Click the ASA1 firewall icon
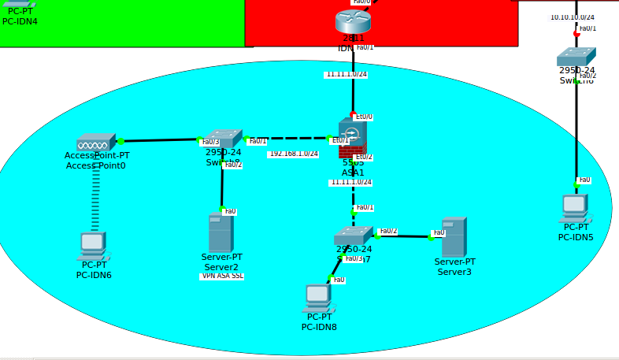point(352,139)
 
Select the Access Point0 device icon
point(96,143)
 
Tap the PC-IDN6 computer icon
point(92,245)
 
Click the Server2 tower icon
point(221,233)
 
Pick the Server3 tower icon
point(454,236)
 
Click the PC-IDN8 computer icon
point(317,299)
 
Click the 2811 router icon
point(353,21)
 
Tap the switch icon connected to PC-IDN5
point(576,57)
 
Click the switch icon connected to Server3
point(353,236)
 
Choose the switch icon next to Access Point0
point(223,139)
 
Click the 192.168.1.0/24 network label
point(294,154)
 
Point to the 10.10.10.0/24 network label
point(573,17)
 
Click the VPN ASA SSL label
point(222,276)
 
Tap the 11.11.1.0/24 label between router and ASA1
point(347,75)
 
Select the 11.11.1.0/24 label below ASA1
point(351,182)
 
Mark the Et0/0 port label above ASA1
point(364,117)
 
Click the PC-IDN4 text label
point(20,21)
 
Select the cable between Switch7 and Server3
point(403,236)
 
